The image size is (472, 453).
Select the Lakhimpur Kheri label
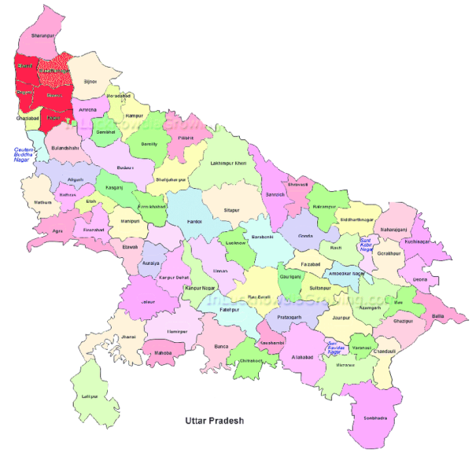(229, 163)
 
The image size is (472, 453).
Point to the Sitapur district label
(231, 211)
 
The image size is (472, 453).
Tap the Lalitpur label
(88, 396)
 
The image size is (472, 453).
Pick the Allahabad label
(301, 357)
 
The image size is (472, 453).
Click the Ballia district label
(438, 316)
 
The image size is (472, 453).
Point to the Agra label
(57, 231)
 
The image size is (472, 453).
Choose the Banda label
(219, 345)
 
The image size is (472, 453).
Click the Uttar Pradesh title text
(214, 421)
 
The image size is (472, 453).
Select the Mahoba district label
(163, 352)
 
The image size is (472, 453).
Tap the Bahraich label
(275, 193)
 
